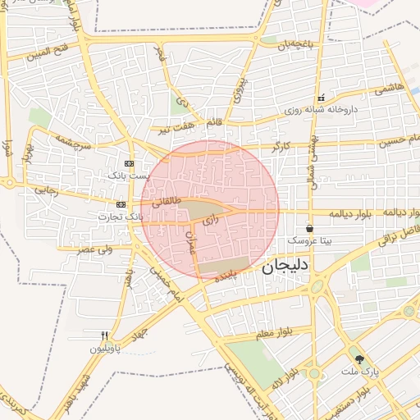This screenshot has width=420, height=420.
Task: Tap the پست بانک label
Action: click(130, 176)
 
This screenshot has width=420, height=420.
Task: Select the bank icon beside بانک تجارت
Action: click(121, 204)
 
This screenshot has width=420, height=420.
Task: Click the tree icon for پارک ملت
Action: click(358, 358)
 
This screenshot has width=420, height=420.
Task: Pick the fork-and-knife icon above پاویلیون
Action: click(104, 336)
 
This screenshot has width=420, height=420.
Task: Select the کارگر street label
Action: click(281, 146)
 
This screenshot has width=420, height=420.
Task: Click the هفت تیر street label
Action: click(176, 127)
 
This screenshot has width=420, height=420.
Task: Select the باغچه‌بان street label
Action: click(295, 45)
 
